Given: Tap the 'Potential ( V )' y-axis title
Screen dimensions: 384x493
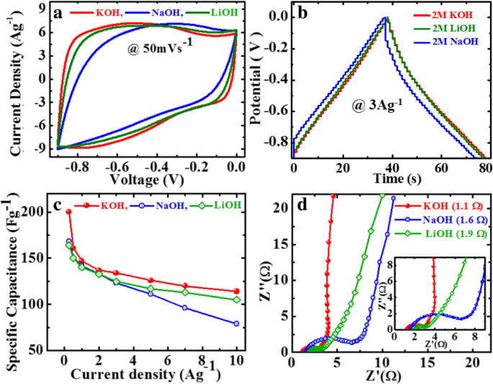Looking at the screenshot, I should coord(258,83).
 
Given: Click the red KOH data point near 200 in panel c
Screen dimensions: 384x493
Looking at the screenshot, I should coord(69,211).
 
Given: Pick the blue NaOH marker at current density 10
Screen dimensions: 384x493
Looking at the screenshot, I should coord(237,324).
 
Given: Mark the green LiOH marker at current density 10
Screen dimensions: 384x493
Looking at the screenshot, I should coord(237,300).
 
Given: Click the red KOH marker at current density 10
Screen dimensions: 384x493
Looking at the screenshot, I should coord(237,291).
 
